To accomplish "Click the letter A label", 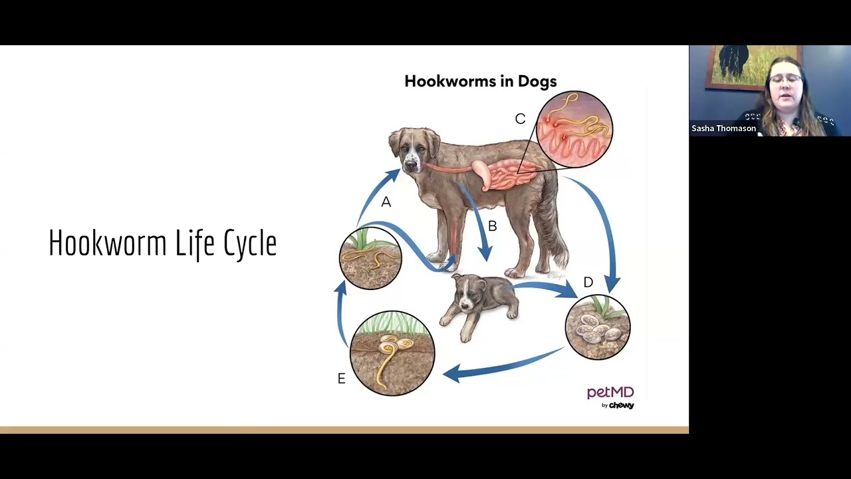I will [386, 202].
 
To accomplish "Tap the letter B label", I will [492, 226].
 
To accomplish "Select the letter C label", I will [520, 118].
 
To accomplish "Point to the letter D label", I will [588, 283].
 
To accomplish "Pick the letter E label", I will [342, 379].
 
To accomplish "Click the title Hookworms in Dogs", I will [480, 81].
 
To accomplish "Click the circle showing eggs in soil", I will [597, 327].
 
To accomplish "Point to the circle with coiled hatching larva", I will [392, 353].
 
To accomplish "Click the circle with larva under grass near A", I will [370, 258].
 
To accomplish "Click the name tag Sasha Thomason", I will [723, 128].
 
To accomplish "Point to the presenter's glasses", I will [786, 79].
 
